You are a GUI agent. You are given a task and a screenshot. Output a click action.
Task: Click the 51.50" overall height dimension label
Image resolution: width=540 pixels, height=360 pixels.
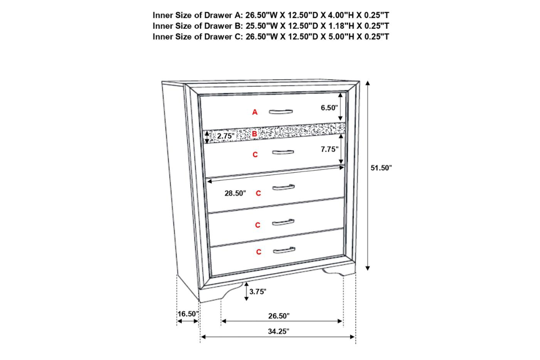[x=381, y=168]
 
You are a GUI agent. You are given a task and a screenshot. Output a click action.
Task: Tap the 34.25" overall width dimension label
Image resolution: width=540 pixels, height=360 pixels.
[x=279, y=331]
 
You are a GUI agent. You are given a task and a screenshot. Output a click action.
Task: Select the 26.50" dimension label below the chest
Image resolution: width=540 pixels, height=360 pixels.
[x=279, y=315]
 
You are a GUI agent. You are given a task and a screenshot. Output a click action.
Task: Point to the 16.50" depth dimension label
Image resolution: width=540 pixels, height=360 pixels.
[x=188, y=314]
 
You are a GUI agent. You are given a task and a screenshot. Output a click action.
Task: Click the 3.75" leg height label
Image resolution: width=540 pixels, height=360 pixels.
[x=258, y=292]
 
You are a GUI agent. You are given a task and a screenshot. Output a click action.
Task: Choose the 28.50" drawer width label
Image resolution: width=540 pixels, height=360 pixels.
[x=235, y=193]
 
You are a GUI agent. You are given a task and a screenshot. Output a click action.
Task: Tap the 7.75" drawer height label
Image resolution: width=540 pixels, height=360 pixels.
[x=329, y=149]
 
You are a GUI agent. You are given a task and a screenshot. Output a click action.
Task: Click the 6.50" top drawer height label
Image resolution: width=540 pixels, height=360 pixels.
[x=329, y=108]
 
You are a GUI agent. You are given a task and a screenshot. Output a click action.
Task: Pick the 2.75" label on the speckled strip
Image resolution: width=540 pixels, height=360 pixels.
[x=225, y=136]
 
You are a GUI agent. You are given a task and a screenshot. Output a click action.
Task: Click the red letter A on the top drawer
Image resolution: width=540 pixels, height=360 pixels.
[x=255, y=112]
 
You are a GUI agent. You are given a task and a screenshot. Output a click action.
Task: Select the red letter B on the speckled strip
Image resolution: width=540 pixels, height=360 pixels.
[x=254, y=134]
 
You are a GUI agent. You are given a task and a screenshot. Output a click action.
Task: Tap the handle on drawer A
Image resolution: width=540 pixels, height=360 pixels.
[x=281, y=112]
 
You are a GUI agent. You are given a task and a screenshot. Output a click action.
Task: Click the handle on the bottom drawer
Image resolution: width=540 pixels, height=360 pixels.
[x=284, y=250]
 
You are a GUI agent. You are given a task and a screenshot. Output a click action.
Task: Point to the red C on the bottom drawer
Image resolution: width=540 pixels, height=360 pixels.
[x=259, y=252]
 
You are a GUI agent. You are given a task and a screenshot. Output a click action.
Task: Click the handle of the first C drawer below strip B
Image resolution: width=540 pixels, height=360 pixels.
[x=283, y=152]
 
